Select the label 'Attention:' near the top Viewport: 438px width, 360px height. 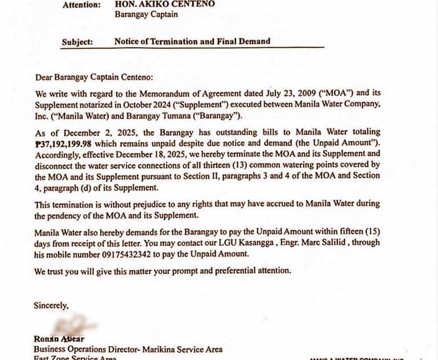click(x=81, y=5)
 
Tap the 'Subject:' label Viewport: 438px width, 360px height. click(x=79, y=42)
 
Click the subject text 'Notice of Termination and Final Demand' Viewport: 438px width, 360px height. click(x=192, y=42)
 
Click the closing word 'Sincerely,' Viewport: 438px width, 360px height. click(x=51, y=305)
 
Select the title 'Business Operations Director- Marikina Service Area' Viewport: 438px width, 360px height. click(x=128, y=349)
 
